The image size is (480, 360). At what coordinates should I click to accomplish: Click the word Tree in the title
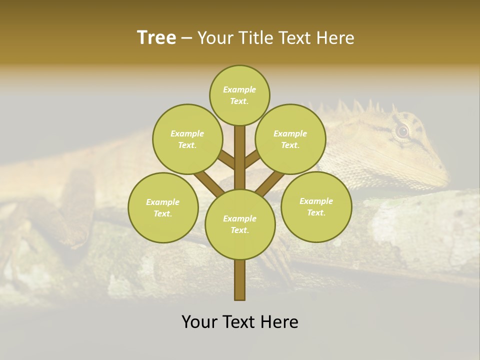pyautogui.click(x=156, y=38)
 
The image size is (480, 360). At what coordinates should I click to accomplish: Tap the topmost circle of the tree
pyautogui.click(x=239, y=95)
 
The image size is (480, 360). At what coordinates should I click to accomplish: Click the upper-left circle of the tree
pyautogui.click(x=187, y=139)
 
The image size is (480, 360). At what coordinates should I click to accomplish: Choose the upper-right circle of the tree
pyautogui.click(x=290, y=139)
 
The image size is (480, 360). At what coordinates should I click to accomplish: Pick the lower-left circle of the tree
pyautogui.click(x=163, y=207)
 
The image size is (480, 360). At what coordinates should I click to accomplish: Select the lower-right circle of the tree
pyautogui.click(x=316, y=206)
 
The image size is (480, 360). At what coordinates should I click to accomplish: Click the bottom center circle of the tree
pyautogui.click(x=240, y=224)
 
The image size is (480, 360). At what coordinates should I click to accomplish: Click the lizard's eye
pyautogui.click(x=402, y=131)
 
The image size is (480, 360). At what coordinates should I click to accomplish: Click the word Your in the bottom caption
pyautogui.click(x=199, y=322)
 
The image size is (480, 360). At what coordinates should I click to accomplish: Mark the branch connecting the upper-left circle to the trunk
pyautogui.click(x=226, y=160)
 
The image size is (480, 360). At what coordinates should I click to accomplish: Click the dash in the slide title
pyautogui.click(x=186, y=38)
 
